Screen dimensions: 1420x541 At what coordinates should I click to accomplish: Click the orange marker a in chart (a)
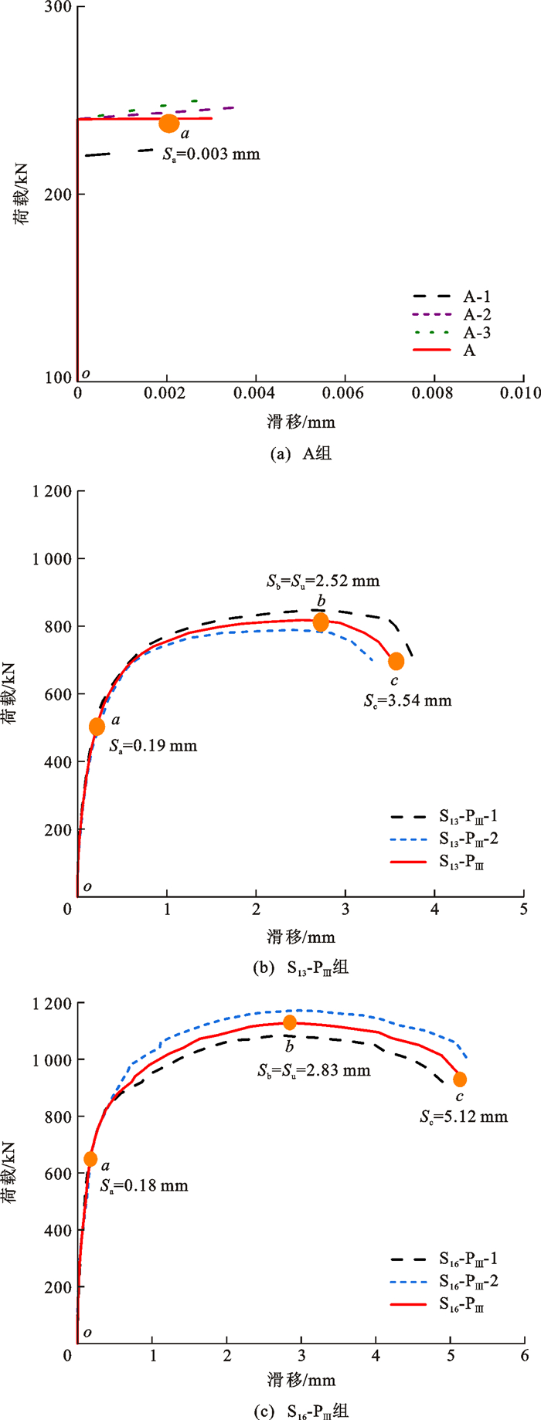(x=168, y=123)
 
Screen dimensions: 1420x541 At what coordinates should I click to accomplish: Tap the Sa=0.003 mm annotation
(x=211, y=154)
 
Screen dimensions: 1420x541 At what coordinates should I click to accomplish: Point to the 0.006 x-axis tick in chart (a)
(x=343, y=393)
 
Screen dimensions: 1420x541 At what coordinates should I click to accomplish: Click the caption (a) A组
(x=301, y=454)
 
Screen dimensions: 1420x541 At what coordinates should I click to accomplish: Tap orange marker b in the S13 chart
(x=321, y=622)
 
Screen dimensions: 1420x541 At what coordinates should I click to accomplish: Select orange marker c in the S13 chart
(x=396, y=661)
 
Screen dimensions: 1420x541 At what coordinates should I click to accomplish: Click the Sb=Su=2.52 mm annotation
(x=323, y=581)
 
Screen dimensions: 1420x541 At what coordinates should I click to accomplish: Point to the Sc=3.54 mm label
(x=407, y=700)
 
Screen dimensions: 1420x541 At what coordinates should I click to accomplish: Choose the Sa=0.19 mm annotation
(x=153, y=746)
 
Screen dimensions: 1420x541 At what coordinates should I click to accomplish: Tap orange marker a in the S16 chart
(x=90, y=1159)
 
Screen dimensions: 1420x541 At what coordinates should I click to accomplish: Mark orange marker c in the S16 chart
(x=460, y=1079)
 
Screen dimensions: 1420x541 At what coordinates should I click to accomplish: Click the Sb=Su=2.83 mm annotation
(x=314, y=1070)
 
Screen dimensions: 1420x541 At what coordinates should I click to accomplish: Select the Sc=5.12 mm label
(x=464, y=1117)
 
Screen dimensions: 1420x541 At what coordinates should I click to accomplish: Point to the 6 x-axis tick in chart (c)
(x=525, y=1355)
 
